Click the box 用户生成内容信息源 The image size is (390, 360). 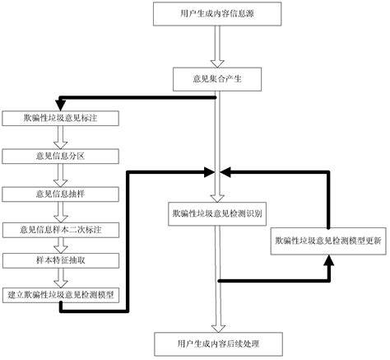point(216,14)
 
